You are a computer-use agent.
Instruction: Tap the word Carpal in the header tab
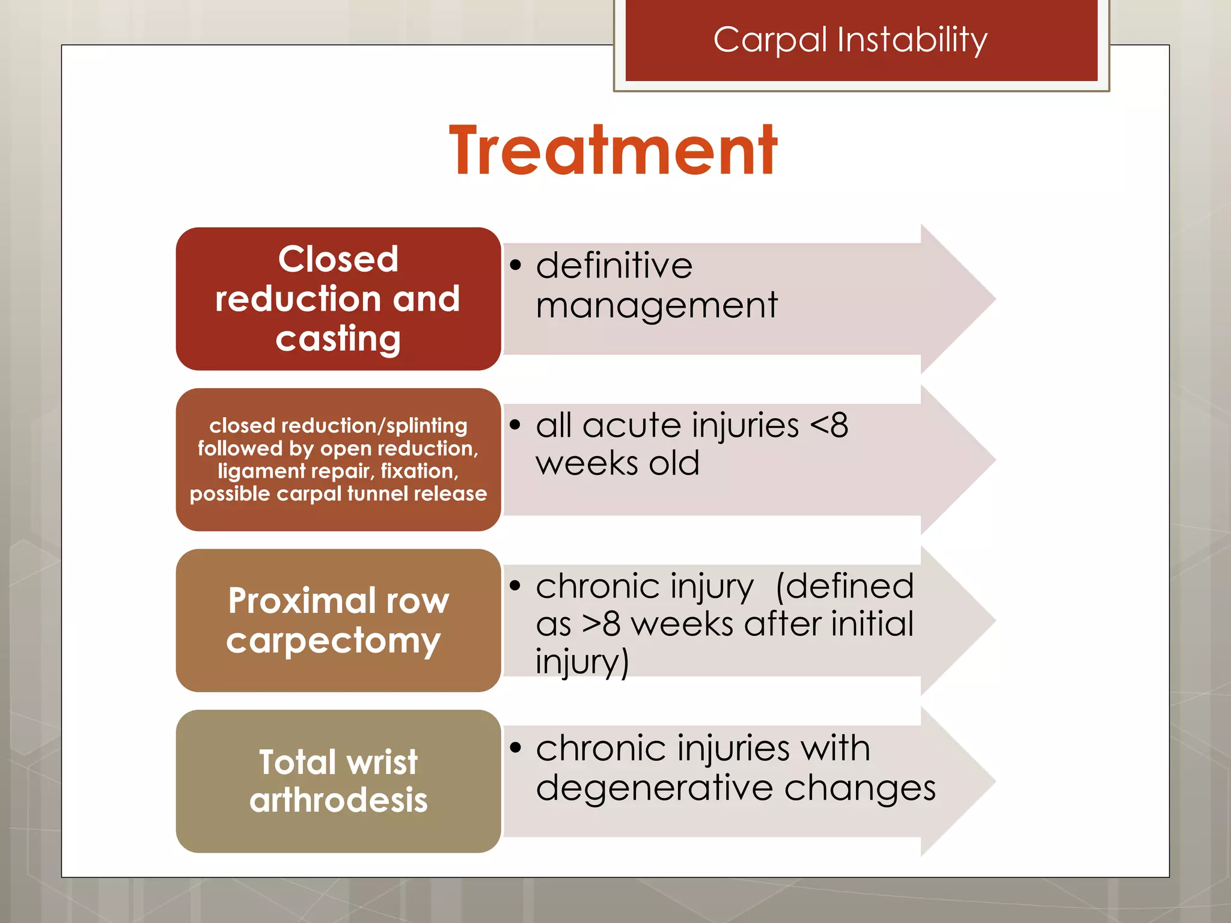point(770,41)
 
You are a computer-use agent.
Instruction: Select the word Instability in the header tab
point(912,41)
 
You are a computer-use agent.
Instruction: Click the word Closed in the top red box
point(338,260)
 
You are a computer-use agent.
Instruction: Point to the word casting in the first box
point(338,338)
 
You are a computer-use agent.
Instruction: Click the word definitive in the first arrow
point(614,266)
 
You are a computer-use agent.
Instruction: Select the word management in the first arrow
point(656,305)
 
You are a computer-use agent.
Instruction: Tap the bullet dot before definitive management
point(515,265)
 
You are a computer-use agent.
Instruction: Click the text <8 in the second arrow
point(829,425)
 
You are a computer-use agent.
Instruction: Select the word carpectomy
point(334,641)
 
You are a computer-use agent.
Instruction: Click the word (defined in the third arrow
point(845,586)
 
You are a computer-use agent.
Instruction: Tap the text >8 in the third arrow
point(600,624)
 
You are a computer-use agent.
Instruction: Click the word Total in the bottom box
point(297,762)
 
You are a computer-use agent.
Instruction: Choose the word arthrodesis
point(338,800)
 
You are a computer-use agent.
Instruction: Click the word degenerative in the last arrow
point(654,788)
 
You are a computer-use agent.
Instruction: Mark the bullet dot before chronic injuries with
point(515,748)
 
